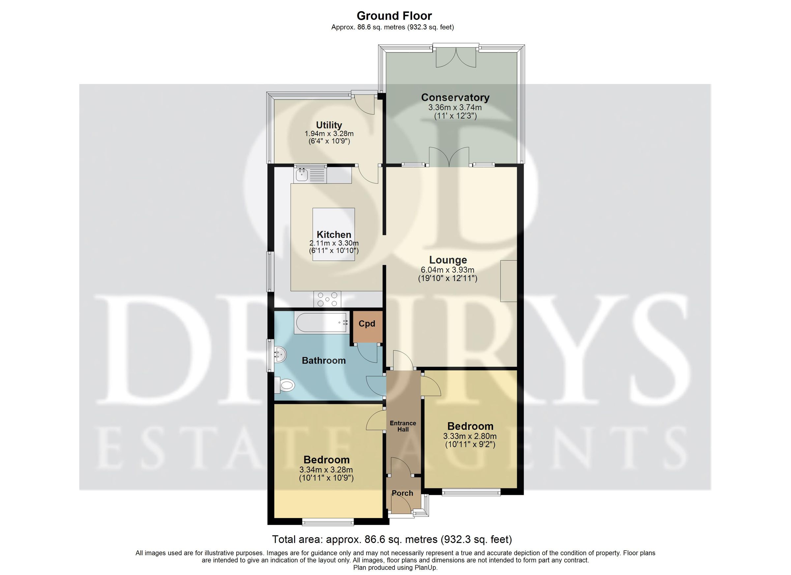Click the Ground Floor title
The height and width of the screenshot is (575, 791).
[394, 16]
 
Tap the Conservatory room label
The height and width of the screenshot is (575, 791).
[455, 97]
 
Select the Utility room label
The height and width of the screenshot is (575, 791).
[329, 125]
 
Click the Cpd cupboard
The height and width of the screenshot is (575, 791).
[367, 327]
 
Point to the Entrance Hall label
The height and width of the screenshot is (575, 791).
[403, 426]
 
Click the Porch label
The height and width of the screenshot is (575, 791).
[402, 493]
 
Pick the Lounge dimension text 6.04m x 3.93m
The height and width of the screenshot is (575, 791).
[448, 270]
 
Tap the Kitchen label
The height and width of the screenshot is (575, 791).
[334, 234]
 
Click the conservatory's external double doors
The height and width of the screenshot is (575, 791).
[456, 56]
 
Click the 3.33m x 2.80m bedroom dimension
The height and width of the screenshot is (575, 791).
[470, 436]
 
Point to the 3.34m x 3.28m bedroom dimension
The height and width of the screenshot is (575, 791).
[326, 470]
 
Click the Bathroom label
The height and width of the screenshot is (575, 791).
[324, 360]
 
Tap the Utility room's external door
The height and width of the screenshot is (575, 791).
[364, 103]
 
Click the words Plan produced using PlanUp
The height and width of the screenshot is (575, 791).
[395, 568]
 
